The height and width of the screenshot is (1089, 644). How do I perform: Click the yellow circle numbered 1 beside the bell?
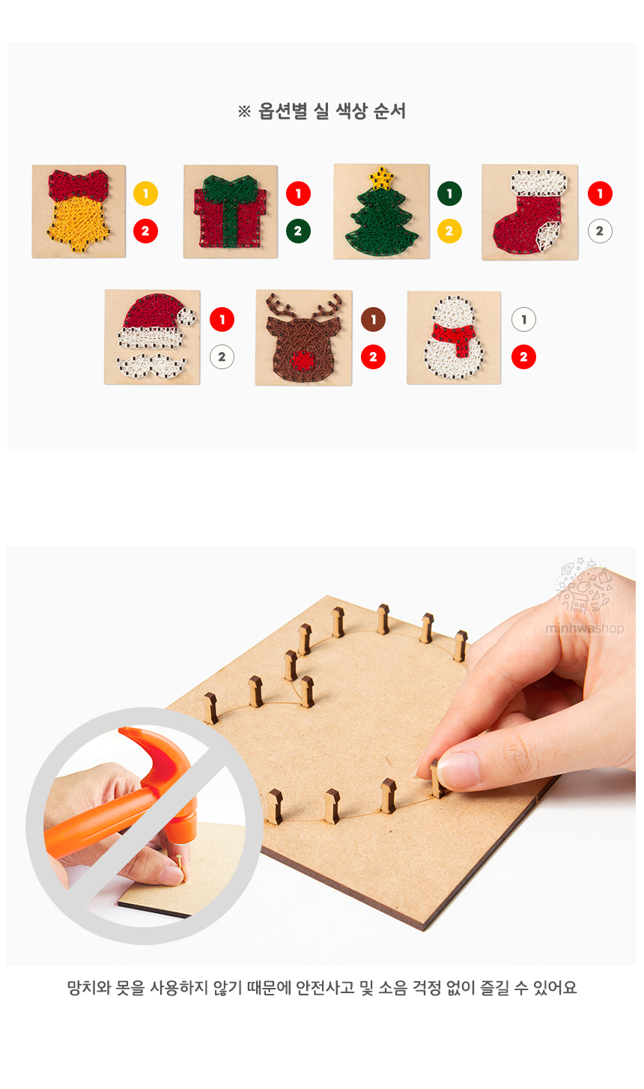pos(145,193)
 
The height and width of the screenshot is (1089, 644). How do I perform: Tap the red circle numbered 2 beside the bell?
pos(145,231)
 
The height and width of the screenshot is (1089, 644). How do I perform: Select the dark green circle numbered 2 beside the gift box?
pos(298,231)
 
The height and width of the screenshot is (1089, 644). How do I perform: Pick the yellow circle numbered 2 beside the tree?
pos(449,231)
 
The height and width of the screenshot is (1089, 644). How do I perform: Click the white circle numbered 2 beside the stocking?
pos(600,231)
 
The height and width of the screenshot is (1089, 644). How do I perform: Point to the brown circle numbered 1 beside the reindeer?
pos(373,319)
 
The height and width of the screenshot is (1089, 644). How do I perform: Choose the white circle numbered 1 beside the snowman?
pos(523,319)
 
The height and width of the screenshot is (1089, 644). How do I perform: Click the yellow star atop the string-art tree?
pos(382,178)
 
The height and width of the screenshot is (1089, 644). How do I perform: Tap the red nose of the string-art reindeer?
pos(303,360)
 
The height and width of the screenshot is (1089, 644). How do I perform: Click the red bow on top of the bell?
pos(78,184)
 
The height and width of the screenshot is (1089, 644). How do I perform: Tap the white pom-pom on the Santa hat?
pos(186,317)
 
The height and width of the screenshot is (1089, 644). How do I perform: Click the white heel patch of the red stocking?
pos(547,235)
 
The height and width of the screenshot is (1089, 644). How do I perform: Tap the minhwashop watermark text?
pos(584,628)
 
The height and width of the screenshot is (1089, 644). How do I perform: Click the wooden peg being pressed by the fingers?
pos(437,780)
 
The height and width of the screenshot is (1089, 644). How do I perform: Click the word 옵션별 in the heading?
pos(282,112)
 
